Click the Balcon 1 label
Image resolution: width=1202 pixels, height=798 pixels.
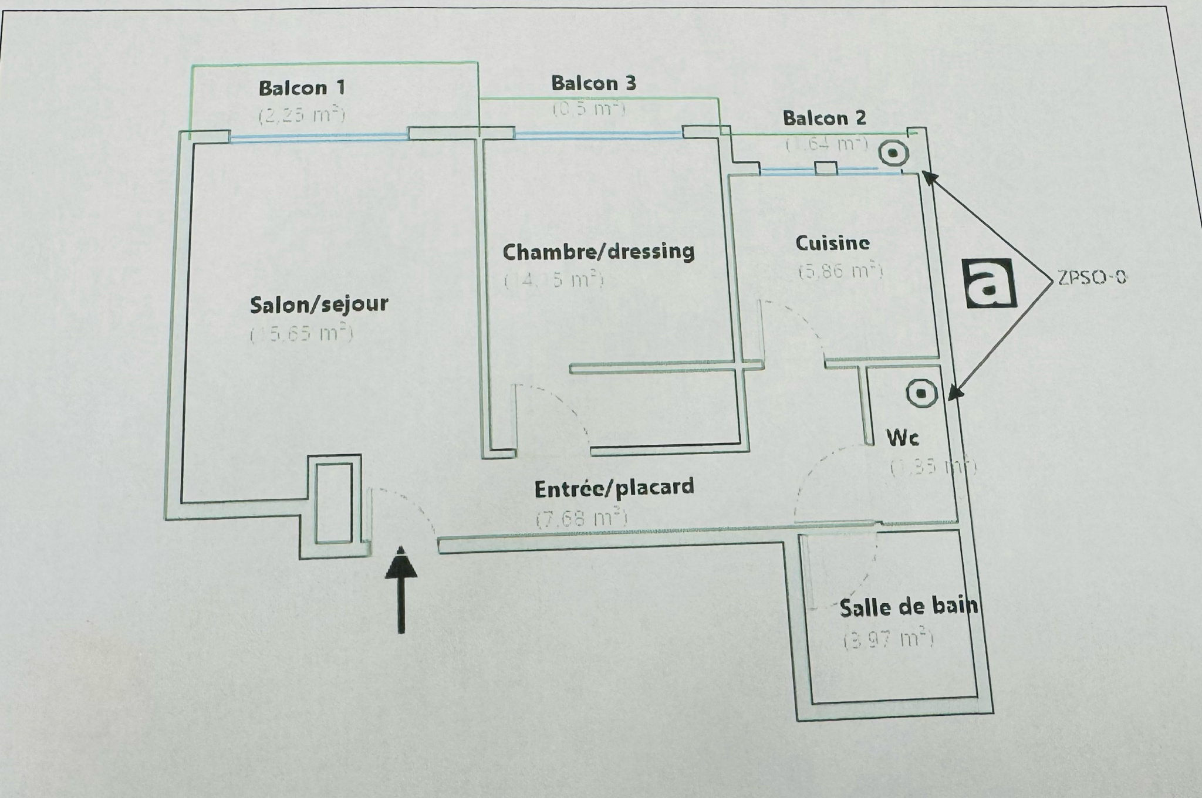pyautogui.click(x=302, y=89)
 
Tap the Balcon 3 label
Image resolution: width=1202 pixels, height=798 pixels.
pyautogui.click(x=593, y=83)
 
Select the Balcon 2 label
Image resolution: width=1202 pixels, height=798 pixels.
pyautogui.click(x=824, y=119)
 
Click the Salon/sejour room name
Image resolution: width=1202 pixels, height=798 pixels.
pyautogui.click(x=319, y=305)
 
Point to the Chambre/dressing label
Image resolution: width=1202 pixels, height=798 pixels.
pyautogui.click(x=599, y=252)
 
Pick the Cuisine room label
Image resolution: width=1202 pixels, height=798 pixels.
pyautogui.click(x=832, y=243)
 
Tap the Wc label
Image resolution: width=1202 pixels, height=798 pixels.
pyautogui.click(x=902, y=438)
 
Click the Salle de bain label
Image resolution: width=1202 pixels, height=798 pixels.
pyautogui.click(x=909, y=607)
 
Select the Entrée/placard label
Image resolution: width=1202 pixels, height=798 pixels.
pyautogui.click(x=614, y=488)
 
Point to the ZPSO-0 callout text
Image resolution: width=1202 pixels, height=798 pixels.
pyautogui.click(x=1092, y=278)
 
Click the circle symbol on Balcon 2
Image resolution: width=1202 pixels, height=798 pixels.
pyautogui.click(x=893, y=154)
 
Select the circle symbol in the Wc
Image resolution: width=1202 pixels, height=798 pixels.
pyautogui.click(x=922, y=393)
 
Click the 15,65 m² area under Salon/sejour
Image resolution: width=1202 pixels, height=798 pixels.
pyautogui.click(x=302, y=334)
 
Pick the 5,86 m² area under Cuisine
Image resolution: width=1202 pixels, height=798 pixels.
pyautogui.click(x=840, y=271)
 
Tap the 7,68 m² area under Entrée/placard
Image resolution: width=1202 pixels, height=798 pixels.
pyautogui.click(x=581, y=519)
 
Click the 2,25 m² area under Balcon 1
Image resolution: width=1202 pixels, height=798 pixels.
pyautogui.click(x=302, y=114)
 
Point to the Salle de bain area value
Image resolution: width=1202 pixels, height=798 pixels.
pyautogui.click(x=888, y=640)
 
